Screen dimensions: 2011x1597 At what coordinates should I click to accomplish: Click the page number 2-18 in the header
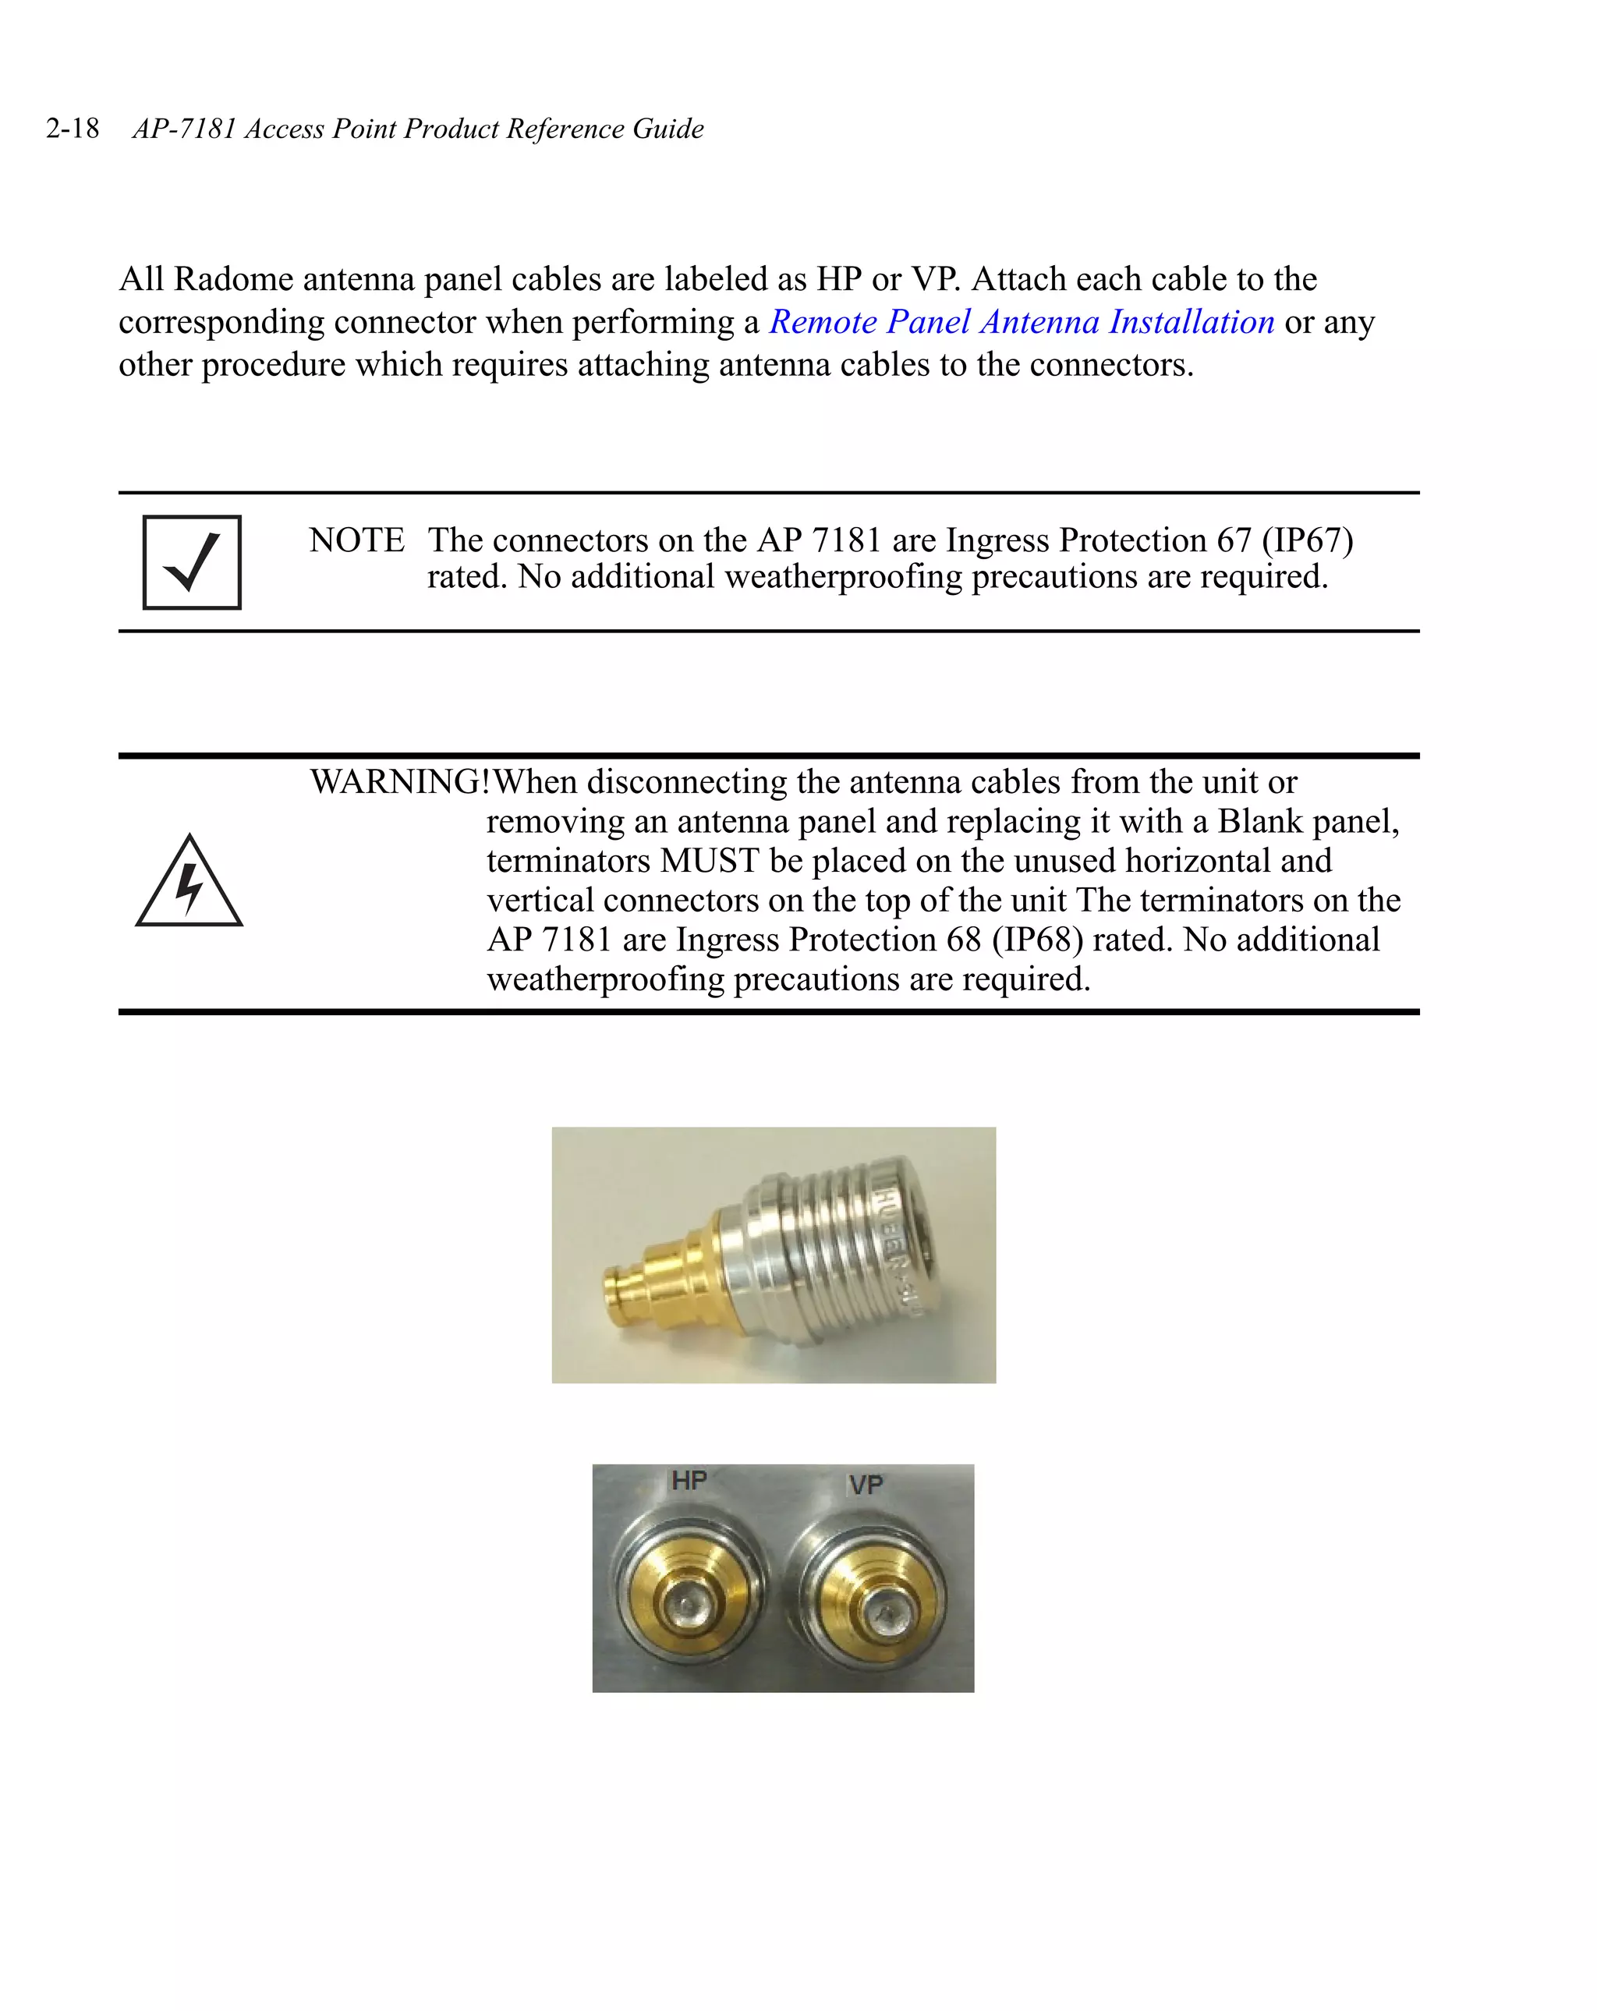click(73, 128)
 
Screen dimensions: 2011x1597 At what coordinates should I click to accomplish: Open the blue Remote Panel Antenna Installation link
click(1021, 322)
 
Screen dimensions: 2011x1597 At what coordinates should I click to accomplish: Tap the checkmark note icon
click(191, 562)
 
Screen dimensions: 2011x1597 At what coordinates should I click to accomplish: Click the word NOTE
click(356, 540)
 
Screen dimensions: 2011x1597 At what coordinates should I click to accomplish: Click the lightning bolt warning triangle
click(189, 883)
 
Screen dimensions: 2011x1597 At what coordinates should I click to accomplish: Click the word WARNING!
click(399, 781)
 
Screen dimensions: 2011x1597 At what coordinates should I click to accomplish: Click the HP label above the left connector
click(689, 1480)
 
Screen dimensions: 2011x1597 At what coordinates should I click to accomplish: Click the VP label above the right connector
click(865, 1484)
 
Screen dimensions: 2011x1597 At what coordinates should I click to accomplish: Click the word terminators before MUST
click(568, 861)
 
